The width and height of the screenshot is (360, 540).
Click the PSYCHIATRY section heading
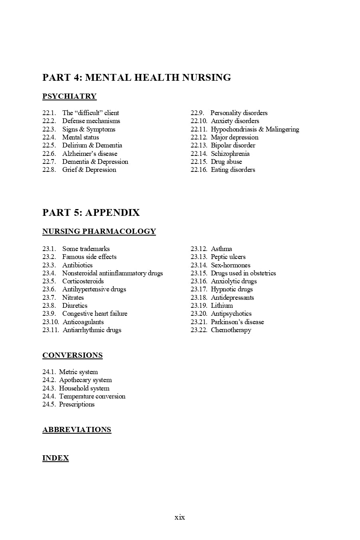point(70,96)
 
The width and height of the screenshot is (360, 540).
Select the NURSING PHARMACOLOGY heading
point(99,231)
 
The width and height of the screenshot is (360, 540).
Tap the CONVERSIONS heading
point(72,355)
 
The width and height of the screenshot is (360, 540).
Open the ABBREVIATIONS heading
point(77,430)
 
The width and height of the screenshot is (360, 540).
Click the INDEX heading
point(56,458)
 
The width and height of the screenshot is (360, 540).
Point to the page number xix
point(180,517)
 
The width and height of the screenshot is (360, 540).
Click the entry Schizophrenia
point(230,153)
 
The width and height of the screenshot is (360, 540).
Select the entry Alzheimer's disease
point(90,153)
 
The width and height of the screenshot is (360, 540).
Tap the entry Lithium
point(222,305)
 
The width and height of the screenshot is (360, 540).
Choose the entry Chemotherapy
point(231,330)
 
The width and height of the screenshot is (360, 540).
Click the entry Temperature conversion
point(92,396)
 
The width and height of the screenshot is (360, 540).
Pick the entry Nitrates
point(73,297)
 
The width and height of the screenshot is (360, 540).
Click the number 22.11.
point(199,129)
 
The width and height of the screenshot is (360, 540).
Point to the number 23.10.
point(51,322)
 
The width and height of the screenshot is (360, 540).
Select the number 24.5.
point(49,404)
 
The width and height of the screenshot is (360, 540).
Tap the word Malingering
point(282,129)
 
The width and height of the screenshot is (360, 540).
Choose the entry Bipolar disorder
point(233,145)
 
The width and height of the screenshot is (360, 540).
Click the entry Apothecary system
point(85,380)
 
